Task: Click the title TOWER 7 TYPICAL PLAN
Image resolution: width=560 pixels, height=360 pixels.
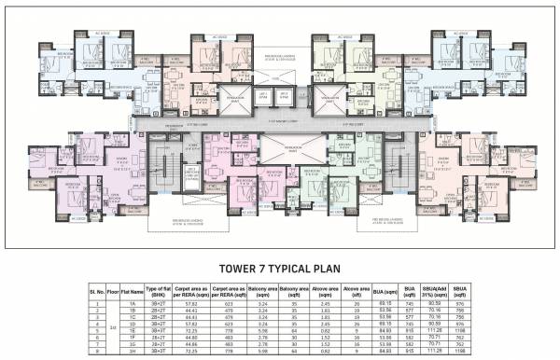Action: tap(279, 268)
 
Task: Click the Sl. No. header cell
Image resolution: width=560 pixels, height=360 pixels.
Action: tap(95, 292)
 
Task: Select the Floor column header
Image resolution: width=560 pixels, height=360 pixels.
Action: tap(112, 292)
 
